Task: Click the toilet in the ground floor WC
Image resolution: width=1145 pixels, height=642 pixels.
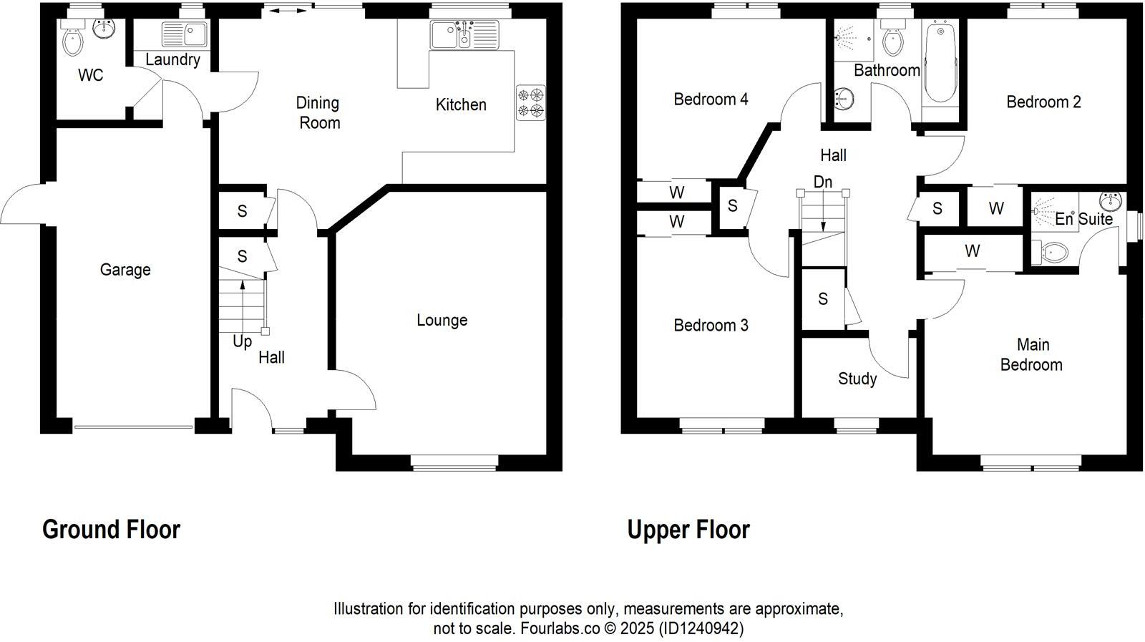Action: pyautogui.click(x=73, y=42)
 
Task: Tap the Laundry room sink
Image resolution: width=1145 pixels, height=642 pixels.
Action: pyautogui.click(x=185, y=34)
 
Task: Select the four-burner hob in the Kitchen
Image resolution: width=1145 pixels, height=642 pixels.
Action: pyautogui.click(x=531, y=102)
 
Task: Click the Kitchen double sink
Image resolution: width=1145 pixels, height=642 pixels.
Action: pyautogui.click(x=464, y=34)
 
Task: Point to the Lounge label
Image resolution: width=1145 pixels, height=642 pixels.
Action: pyautogui.click(x=442, y=320)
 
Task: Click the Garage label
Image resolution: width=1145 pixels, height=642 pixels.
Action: pyautogui.click(x=125, y=270)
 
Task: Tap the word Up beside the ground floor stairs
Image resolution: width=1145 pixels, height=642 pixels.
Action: pyautogui.click(x=242, y=342)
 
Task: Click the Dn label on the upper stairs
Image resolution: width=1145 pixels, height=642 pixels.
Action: pyautogui.click(x=823, y=183)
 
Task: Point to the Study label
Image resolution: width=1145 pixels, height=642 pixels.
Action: pyautogui.click(x=857, y=379)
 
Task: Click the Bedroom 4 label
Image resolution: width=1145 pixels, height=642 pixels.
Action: pyautogui.click(x=711, y=99)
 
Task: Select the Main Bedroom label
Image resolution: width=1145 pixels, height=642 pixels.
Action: pyautogui.click(x=1032, y=355)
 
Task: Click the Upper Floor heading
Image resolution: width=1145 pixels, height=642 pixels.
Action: pyautogui.click(x=688, y=530)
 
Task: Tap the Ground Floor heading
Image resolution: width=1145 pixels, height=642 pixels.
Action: pyautogui.click(x=111, y=530)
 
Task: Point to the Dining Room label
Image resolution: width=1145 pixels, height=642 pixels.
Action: pyautogui.click(x=318, y=113)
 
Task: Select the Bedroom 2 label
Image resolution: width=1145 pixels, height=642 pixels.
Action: pyautogui.click(x=1043, y=102)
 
